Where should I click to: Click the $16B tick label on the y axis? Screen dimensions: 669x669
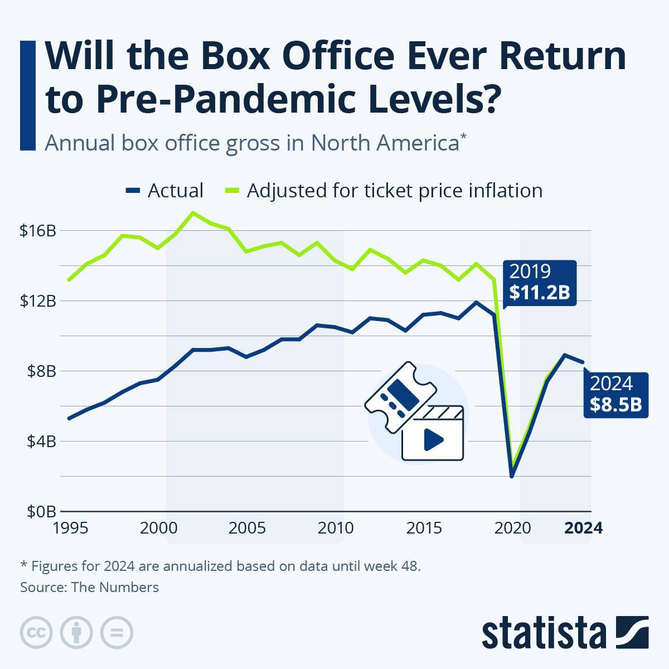click(38, 230)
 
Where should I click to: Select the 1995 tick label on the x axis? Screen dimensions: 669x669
click(70, 527)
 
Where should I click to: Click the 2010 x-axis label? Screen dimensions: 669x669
click(336, 527)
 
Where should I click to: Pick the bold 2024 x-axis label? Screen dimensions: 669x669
click(583, 527)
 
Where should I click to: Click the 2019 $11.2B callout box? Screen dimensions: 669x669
click(539, 283)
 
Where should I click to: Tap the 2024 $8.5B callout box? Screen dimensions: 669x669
click(616, 394)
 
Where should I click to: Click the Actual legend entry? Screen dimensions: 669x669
click(165, 191)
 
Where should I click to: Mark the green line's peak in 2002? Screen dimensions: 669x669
click(193, 212)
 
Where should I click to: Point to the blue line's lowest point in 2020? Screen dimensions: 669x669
click(512, 476)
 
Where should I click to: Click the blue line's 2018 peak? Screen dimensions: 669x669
click(476, 302)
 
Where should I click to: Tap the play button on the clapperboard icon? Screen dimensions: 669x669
click(433, 440)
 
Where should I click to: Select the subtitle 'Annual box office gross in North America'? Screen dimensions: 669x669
click(252, 143)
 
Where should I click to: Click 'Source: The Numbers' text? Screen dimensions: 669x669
click(90, 587)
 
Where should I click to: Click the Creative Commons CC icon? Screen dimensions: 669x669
click(36, 633)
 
